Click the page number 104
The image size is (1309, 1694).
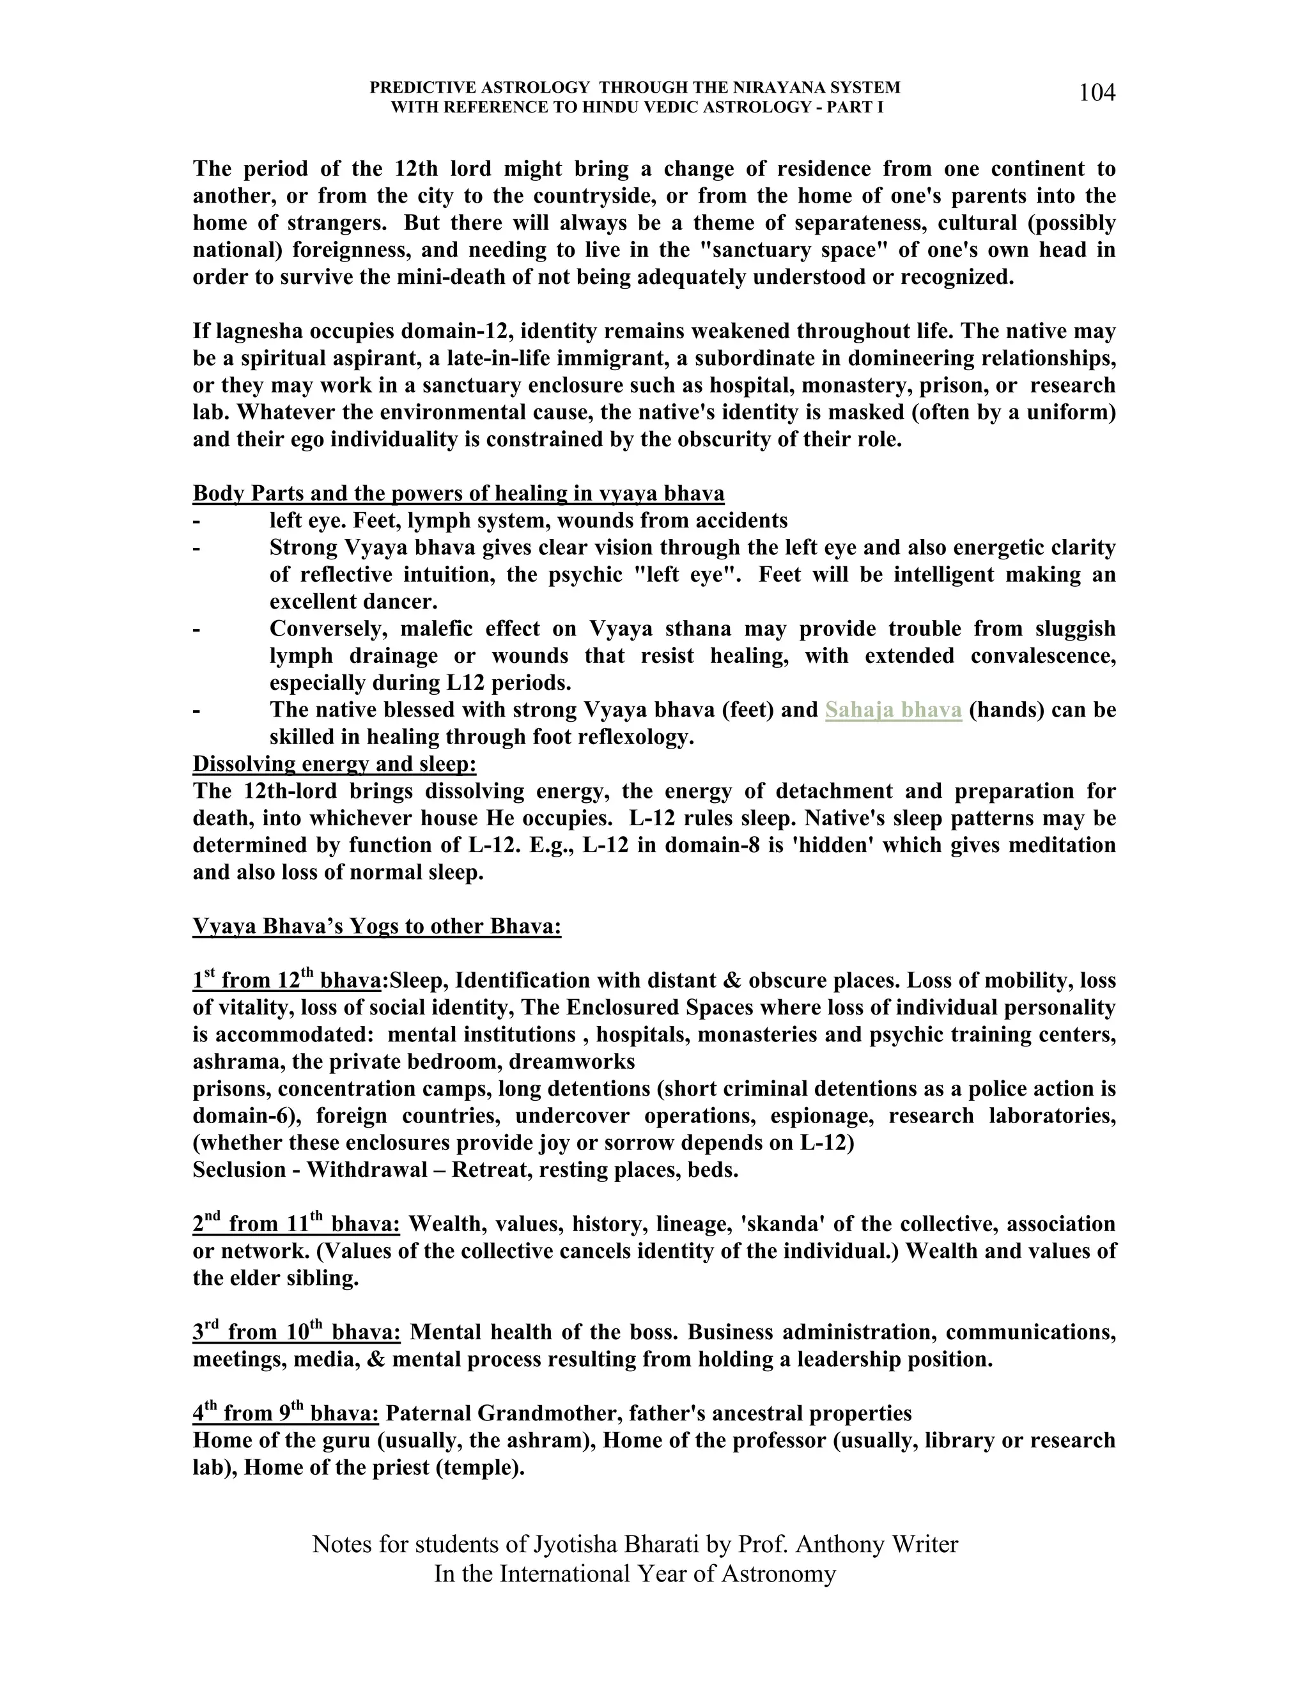(1097, 93)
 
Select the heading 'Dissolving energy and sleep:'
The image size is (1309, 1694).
(334, 764)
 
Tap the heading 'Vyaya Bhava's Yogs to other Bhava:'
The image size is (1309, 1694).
(377, 927)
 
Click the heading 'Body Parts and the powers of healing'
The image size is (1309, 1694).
(458, 493)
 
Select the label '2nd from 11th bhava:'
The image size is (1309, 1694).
(296, 1224)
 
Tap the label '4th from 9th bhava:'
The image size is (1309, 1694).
(285, 1413)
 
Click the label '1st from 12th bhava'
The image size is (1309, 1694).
(286, 981)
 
